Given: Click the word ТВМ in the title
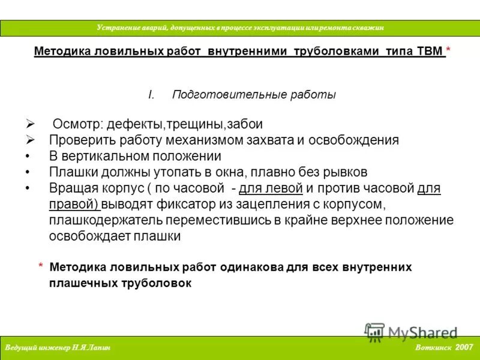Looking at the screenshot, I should (428, 52).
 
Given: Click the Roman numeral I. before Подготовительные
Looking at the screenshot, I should (151, 95).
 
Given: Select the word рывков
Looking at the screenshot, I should (343, 173).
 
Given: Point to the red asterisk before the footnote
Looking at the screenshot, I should (41, 267).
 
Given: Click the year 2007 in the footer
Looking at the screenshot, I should (464, 347).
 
